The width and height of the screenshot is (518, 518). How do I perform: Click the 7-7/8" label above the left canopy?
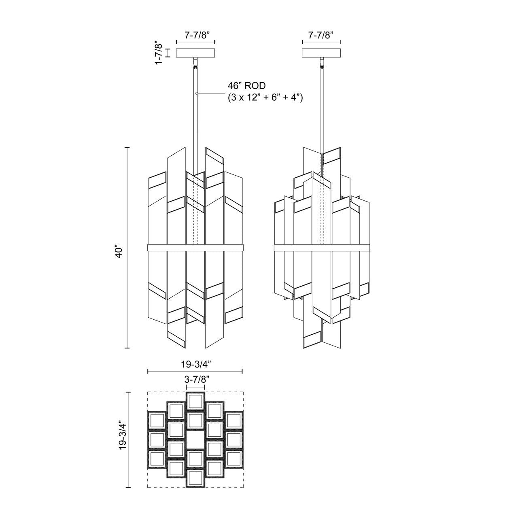(x=195, y=35)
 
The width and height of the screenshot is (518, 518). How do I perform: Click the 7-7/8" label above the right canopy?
(x=321, y=35)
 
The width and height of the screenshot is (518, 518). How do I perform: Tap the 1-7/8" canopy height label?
(x=160, y=53)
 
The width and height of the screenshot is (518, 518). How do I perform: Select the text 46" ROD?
(x=247, y=86)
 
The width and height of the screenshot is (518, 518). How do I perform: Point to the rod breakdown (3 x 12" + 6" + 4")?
(x=265, y=97)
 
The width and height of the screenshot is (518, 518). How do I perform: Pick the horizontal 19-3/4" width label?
(x=195, y=364)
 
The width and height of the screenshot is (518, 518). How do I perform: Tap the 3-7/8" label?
(x=195, y=380)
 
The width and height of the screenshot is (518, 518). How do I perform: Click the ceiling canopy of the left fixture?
(x=195, y=53)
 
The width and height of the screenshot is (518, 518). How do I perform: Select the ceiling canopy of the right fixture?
(x=321, y=53)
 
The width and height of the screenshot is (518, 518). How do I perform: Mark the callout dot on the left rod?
(x=196, y=93)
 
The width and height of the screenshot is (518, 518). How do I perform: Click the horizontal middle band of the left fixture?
(x=195, y=247)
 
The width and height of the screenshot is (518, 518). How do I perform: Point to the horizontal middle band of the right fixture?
(x=321, y=247)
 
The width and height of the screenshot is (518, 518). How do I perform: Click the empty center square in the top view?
(x=195, y=440)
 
